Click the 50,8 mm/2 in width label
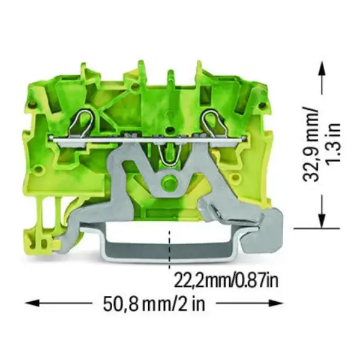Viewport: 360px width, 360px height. point(154,304)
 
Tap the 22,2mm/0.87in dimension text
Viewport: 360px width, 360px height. point(226,280)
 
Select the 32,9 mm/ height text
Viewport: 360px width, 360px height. point(311,144)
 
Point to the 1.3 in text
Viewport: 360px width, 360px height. point(333,143)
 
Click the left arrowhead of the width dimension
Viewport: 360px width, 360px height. point(31,303)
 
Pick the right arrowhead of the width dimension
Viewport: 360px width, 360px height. point(277,303)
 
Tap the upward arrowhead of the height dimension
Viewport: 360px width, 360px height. point(323,68)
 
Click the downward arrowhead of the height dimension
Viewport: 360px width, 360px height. point(323,221)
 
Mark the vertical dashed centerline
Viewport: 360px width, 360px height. point(170,250)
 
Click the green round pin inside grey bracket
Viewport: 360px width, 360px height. point(170,182)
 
